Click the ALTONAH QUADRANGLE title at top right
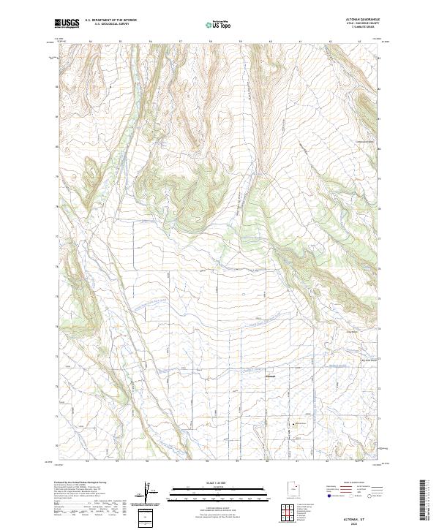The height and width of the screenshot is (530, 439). click(x=364, y=20)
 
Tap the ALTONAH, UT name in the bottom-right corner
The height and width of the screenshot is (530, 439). click(x=364, y=516)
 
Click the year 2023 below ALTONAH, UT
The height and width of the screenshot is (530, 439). click(x=364, y=522)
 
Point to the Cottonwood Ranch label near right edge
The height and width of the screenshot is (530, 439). click(x=364, y=141)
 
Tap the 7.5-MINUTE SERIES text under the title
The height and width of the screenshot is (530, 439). click(x=364, y=29)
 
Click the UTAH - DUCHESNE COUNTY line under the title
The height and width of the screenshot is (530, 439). click(x=364, y=25)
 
